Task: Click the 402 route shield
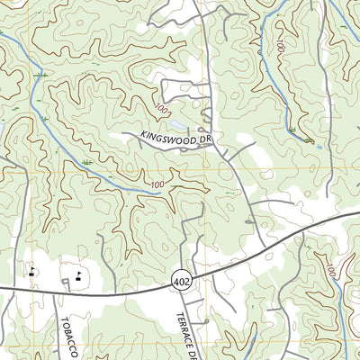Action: [x=179, y=283]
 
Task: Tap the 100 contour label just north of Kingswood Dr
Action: [x=161, y=109]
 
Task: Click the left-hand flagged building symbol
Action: [x=32, y=271]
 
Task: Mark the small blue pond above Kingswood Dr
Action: [x=177, y=123]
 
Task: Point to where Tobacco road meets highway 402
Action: [x=67, y=291]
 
